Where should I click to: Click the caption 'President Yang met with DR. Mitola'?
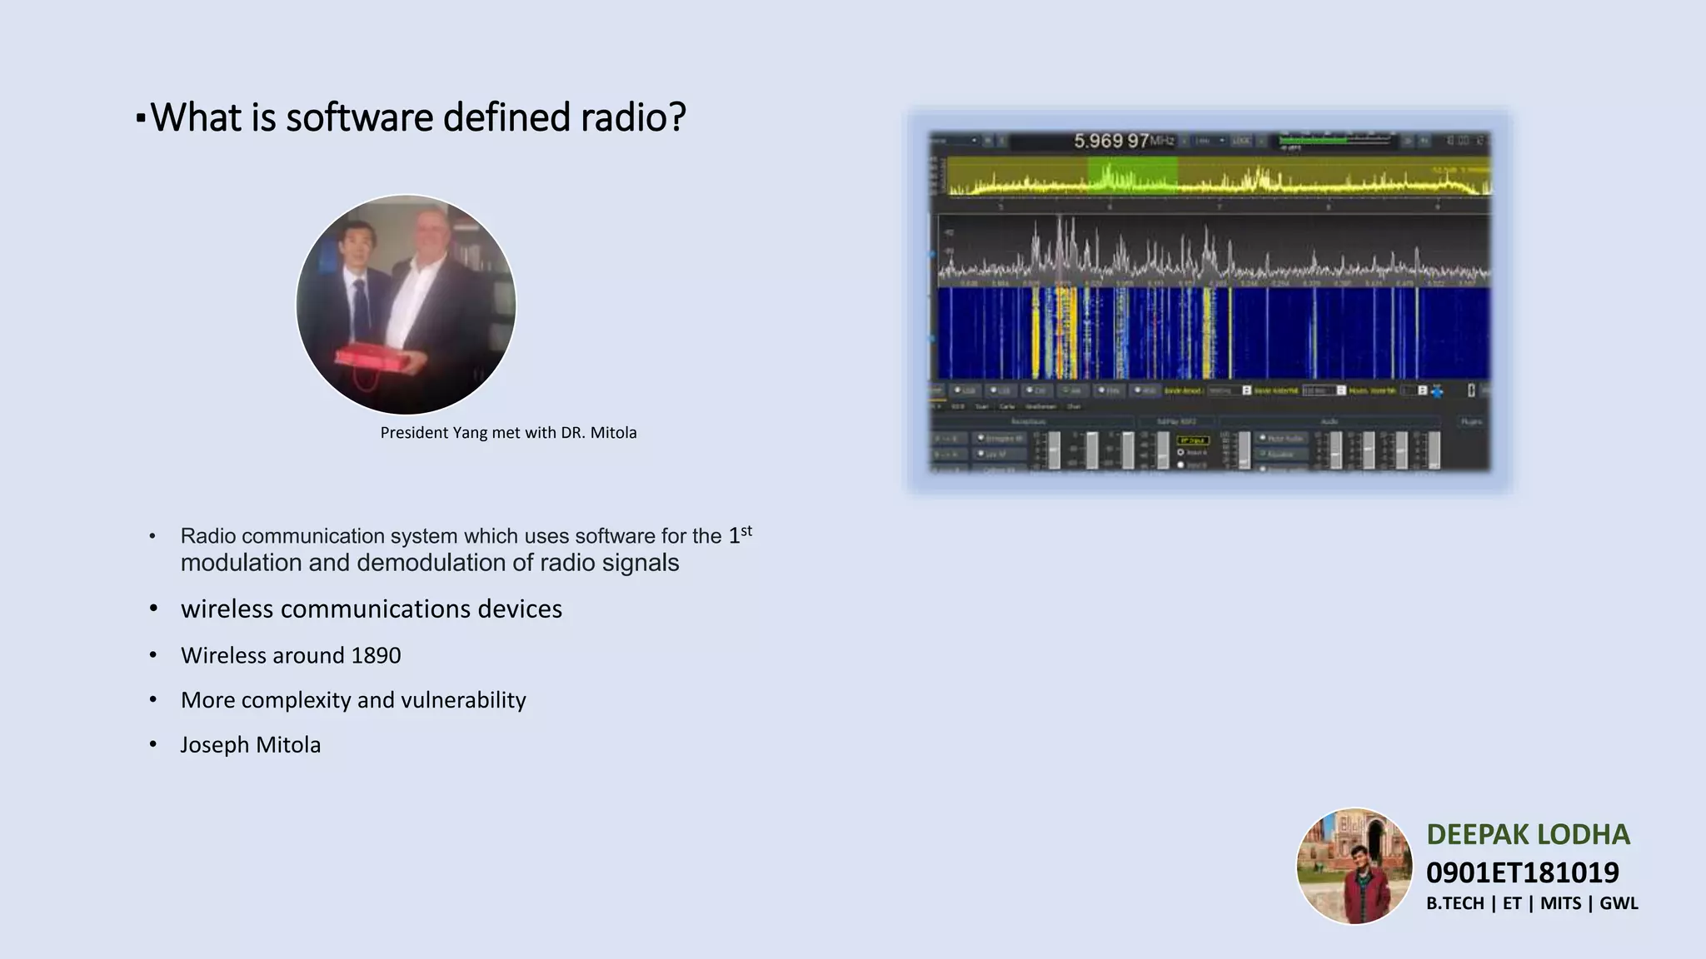coord(508,433)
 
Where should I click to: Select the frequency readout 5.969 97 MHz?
coord(1123,141)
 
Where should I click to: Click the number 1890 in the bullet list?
coord(376,656)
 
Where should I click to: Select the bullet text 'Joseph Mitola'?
coord(251,745)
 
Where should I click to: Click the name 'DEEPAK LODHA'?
coord(1528,834)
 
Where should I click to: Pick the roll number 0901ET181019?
coord(1522,872)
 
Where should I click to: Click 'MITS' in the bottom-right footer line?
coord(1560,903)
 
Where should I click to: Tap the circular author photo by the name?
coord(1354,867)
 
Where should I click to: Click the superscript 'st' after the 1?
coord(746,530)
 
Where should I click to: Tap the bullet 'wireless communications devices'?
coord(372,609)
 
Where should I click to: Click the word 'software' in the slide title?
coord(360,117)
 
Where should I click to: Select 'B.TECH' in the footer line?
coord(1454,903)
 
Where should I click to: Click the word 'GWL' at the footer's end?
coord(1619,903)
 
